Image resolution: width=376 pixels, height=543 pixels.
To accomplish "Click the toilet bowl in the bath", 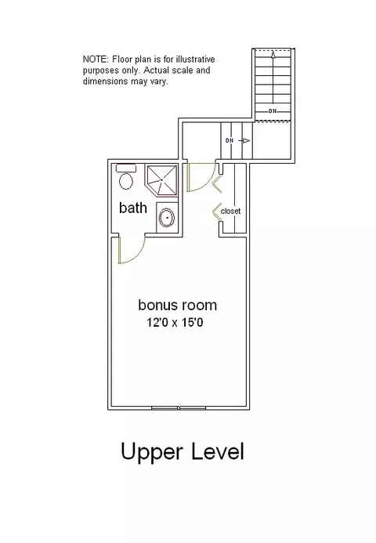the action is (126, 181).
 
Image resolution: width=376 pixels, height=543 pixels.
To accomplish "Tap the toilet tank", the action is (126, 168).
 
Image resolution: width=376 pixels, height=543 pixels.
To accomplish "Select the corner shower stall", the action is (161, 180).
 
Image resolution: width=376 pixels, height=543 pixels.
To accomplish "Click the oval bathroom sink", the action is (167, 218).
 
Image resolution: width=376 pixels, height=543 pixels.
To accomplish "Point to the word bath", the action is (133, 208).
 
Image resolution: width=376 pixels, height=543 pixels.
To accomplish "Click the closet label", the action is (230, 211).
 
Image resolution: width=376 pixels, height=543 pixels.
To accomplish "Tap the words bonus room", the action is (177, 305).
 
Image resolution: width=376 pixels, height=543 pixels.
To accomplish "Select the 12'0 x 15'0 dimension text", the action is (175, 323).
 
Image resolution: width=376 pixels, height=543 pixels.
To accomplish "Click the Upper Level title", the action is (183, 452).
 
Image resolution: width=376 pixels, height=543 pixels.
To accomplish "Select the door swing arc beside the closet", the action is (206, 181).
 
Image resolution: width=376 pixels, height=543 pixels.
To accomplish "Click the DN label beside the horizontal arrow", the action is (230, 140).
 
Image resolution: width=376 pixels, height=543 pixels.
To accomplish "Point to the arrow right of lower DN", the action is (244, 140).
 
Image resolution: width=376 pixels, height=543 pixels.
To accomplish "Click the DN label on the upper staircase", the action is (273, 111).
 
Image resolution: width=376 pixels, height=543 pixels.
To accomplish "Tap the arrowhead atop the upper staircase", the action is (273, 54).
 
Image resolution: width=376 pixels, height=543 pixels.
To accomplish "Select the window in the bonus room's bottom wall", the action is (179, 408).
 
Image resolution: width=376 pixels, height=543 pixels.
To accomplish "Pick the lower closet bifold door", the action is (217, 212).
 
